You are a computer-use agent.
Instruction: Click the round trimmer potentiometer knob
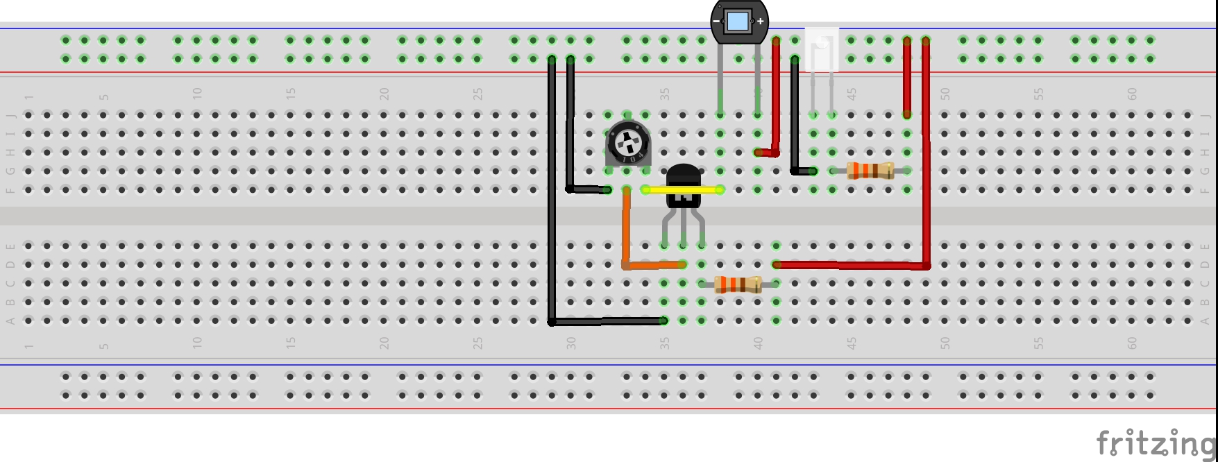point(627,144)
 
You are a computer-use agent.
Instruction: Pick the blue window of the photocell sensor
point(737,22)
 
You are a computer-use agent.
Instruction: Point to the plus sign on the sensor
point(760,22)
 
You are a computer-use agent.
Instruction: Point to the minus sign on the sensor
point(716,22)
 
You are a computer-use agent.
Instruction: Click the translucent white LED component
point(822,49)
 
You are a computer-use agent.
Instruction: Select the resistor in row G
point(870,171)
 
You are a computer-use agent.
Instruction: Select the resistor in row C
point(738,284)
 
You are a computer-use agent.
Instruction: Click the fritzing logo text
point(1155,443)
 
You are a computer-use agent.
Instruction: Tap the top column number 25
point(477,93)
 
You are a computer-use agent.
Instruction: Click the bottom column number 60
point(1132,343)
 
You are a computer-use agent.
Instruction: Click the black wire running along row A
point(607,321)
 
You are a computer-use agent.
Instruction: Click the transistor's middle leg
point(684,229)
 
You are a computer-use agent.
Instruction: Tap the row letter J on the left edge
point(10,115)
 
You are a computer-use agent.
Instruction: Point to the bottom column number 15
point(290,343)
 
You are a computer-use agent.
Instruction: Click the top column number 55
point(1038,93)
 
